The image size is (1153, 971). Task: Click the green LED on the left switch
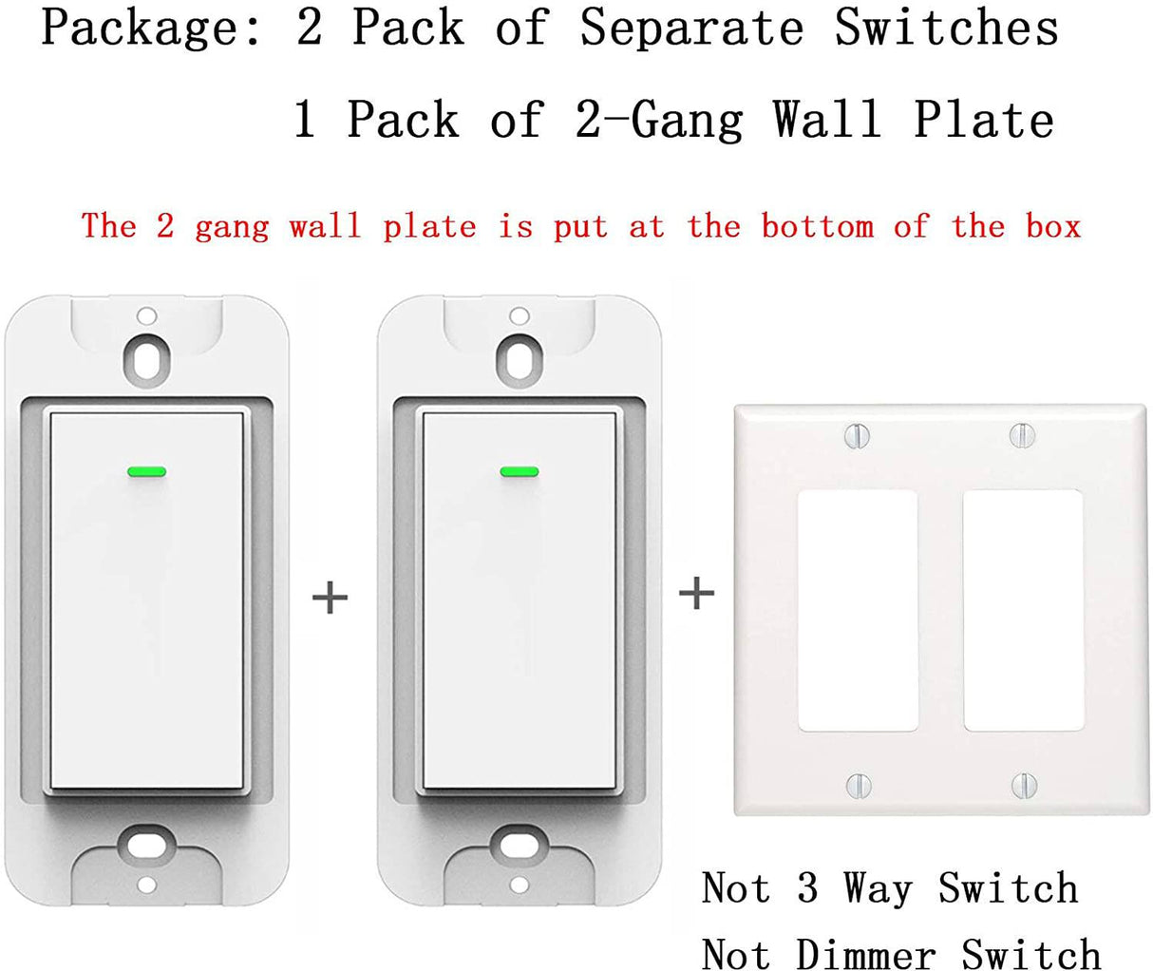[x=145, y=470]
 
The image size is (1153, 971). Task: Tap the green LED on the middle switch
[x=519, y=471]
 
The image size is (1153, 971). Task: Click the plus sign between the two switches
[x=330, y=598]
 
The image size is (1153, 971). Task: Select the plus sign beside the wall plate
[x=696, y=594]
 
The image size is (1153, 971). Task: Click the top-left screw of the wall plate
[x=857, y=436]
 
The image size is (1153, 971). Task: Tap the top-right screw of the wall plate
[x=1021, y=435]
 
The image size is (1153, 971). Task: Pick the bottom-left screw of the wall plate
[x=858, y=785]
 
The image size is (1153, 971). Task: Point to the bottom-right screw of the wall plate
[x=1023, y=785]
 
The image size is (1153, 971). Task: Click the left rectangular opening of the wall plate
[x=858, y=611]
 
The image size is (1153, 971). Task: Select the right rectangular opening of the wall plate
[x=1023, y=611]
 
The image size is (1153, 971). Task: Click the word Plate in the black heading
[x=984, y=120]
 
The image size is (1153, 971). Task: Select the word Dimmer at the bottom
[x=865, y=953]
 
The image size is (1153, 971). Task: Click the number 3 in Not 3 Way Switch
[x=807, y=889]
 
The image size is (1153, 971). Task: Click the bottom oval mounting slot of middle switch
[x=519, y=843]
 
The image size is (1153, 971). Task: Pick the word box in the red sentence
[x=1053, y=226]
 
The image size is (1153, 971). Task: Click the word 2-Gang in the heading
[x=659, y=120]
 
